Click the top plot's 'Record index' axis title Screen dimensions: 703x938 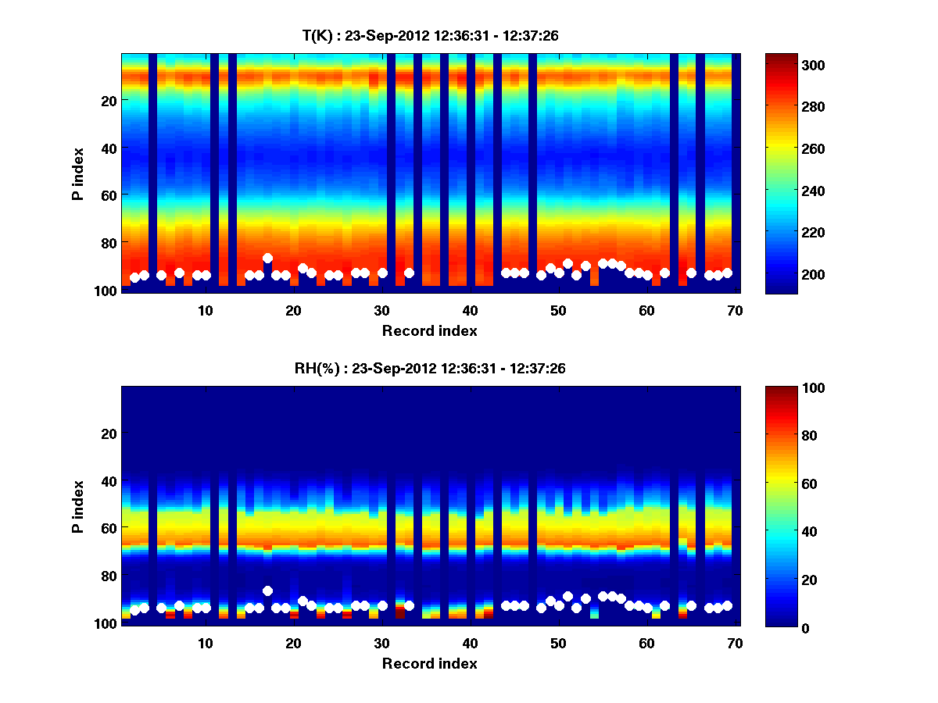pyautogui.click(x=429, y=330)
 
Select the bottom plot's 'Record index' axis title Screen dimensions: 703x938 pyautogui.click(x=429, y=663)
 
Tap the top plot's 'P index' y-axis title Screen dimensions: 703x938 pyautogui.click(x=78, y=173)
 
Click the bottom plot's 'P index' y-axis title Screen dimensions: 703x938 pyautogui.click(x=78, y=506)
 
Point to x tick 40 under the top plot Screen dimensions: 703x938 pyautogui.click(x=470, y=310)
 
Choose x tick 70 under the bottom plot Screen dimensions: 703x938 pyautogui.click(x=735, y=643)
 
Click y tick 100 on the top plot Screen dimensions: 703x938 pyautogui.click(x=107, y=290)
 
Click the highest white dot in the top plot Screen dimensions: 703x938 pyautogui.click(x=267, y=258)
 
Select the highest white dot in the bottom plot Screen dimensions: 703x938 pyautogui.click(x=267, y=591)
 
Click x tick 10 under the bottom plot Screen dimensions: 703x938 pyautogui.click(x=205, y=643)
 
